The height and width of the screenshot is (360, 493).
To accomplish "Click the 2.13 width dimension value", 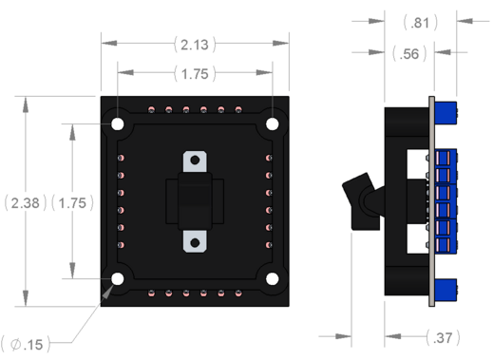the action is tap(195, 45).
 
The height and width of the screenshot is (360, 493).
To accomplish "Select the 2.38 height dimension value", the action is tap(25, 203).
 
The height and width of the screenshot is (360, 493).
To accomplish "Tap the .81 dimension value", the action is tap(420, 23).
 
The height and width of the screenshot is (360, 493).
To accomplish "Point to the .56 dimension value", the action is tap(409, 54).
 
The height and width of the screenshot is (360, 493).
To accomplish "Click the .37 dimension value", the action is tap(443, 338).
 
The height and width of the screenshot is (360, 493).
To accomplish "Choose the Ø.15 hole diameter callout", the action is tap(27, 345).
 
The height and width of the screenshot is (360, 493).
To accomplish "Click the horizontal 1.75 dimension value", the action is tap(195, 74).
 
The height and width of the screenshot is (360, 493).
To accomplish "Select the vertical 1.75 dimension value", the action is tap(72, 203).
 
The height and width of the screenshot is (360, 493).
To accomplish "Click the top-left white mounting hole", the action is tap(118, 123).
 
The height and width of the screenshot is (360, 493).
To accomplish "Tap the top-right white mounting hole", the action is tap(273, 123).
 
